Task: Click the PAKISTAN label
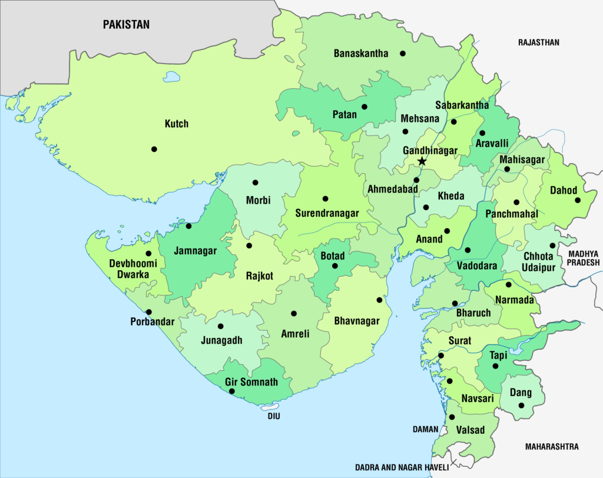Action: (x=126, y=25)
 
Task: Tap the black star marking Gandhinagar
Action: (x=422, y=161)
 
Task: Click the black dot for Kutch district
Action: (x=154, y=149)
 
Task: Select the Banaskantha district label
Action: (x=361, y=54)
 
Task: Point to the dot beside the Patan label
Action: (x=365, y=107)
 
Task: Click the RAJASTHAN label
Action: (x=538, y=42)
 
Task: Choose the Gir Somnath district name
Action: (x=251, y=382)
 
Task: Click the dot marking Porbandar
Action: (x=149, y=312)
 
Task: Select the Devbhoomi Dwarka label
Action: (x=133, y=269)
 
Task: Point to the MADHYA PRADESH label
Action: (x=583, y=258)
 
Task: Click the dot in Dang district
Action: (x=521, y=405)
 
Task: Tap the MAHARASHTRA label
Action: (x=551, y=447)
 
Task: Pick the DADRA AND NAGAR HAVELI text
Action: (x=402, y=467)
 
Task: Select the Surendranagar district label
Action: (x=327, y=213)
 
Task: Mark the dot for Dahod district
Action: (x=578, y=200)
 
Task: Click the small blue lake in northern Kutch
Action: (x=171, y=77)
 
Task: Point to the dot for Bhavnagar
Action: (x=380, y=300)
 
